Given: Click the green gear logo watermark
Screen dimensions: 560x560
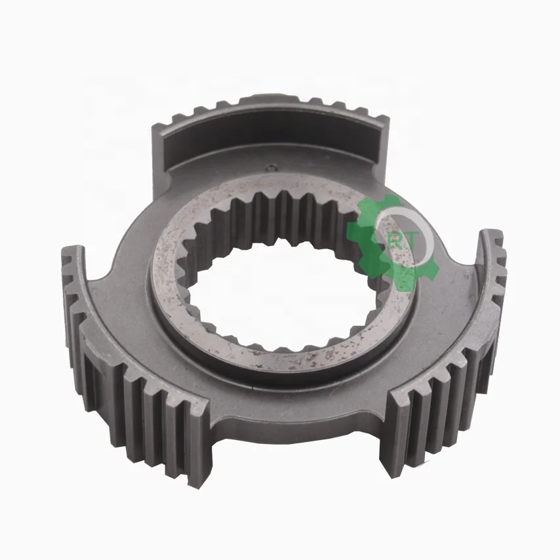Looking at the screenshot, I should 387,239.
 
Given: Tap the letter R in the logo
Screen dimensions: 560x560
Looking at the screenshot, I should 394,240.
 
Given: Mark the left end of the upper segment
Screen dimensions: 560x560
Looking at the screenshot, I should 164,134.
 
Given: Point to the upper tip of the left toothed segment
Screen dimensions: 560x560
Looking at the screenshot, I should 73,252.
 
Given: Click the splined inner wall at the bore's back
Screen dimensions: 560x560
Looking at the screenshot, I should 275,210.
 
